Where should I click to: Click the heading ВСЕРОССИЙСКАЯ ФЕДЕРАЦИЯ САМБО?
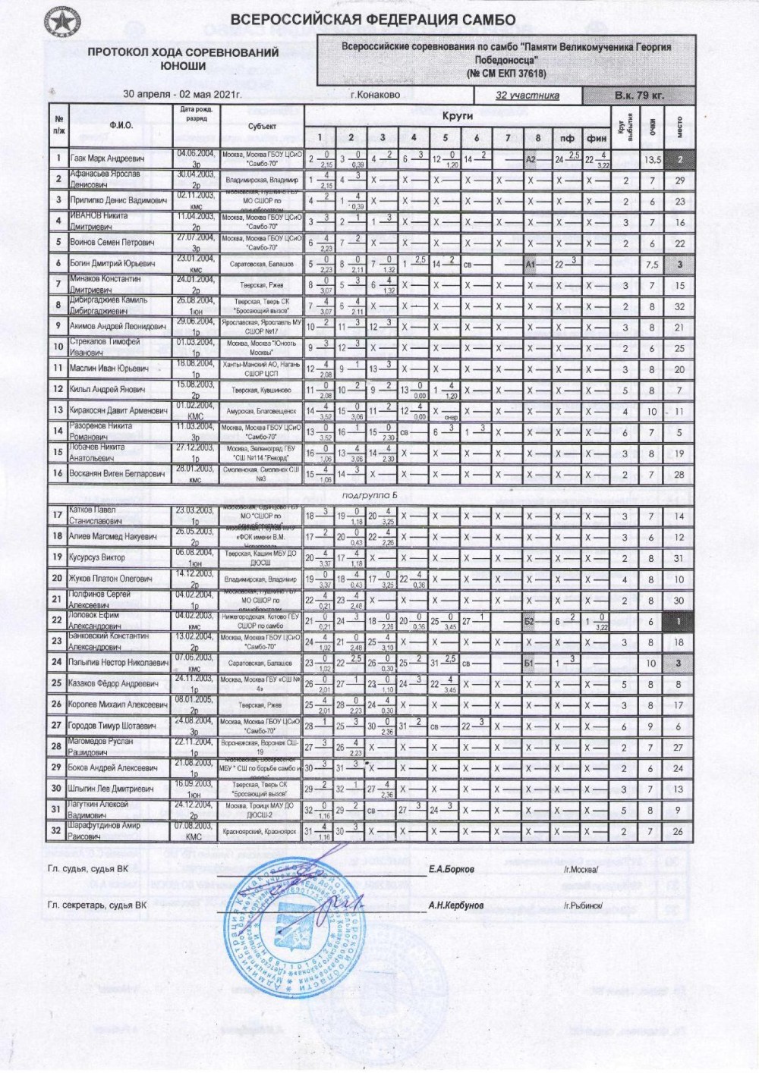[x=373, y=20]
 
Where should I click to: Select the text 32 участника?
[x=527, y=96]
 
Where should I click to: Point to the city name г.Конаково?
[x=376, y=96]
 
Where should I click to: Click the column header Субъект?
[x=262, y=126]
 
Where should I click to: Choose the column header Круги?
[x=457, y=116]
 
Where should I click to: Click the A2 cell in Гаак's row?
[x=531, y=158]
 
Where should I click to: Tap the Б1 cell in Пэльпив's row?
[x=531, y=663]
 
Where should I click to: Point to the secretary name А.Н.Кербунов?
[x=455, y=905]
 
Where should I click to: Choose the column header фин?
[x=597, y=137]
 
